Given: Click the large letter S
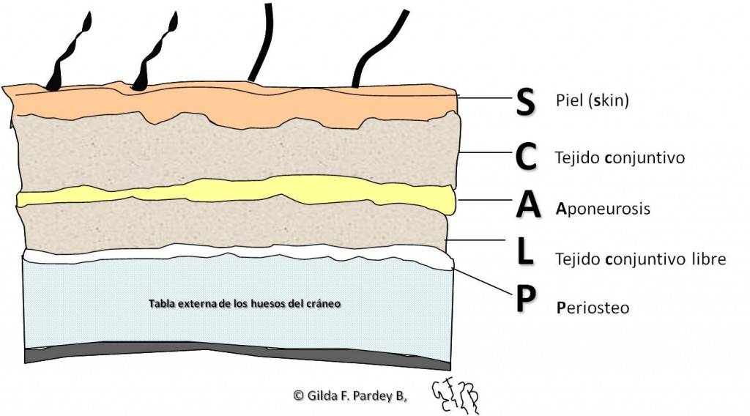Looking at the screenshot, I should tap(525, 103).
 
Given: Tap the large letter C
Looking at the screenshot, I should tap(526, 157).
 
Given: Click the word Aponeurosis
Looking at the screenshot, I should tap(603, 209).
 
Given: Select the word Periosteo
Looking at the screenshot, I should tap(593, 308).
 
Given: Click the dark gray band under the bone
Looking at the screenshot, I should tap(234, 354).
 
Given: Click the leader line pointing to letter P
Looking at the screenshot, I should tap(483, 281).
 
